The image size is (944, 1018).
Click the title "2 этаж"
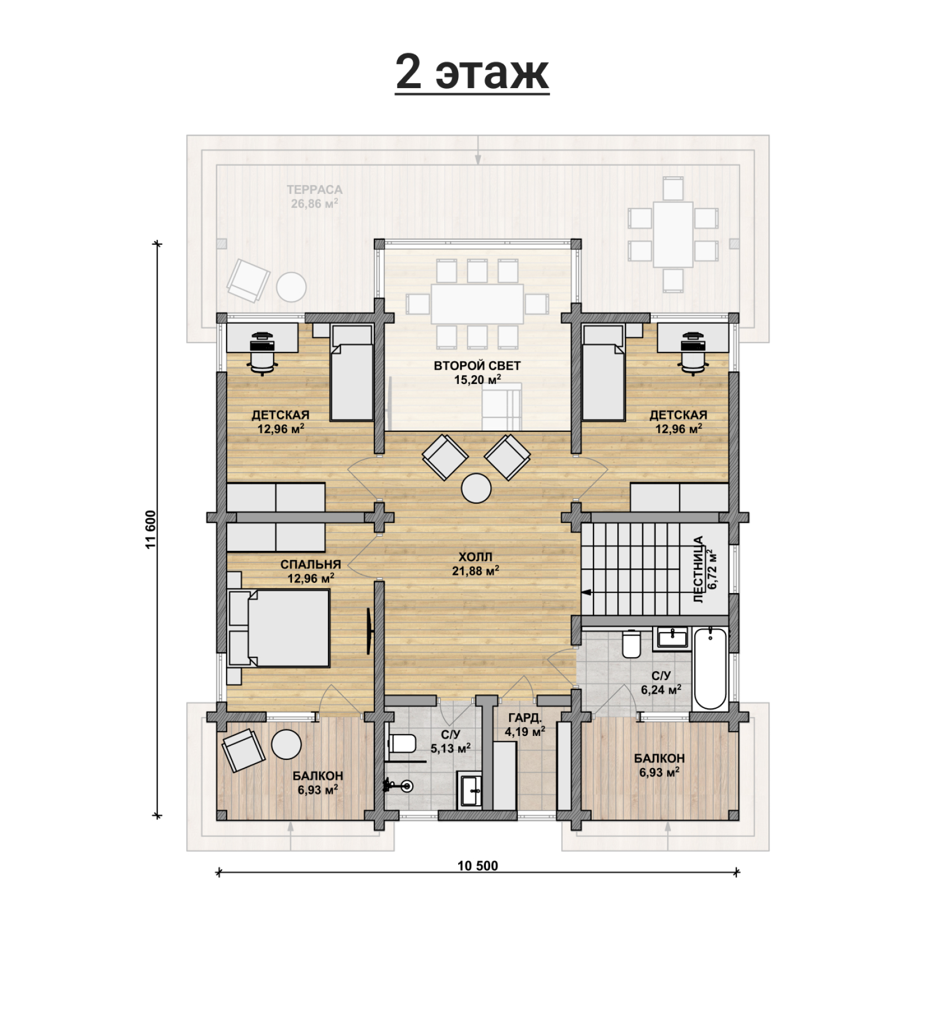(x=472, y=72)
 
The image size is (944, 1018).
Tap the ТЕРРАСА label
(x=315, y=190)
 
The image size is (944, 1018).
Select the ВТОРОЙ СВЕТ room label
(x=477, y=366)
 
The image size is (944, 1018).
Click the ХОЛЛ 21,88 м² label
(x=475, y=564)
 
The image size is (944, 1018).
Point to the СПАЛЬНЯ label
(x=310, y=565)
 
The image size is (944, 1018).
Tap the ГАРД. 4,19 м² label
(x=525, y=725)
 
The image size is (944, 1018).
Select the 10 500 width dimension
(x=478, y=865)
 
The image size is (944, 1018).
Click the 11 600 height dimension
(x=151, y=529)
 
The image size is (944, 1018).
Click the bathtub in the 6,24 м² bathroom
(x=710, y=668)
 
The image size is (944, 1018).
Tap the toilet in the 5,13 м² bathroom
(x=402, y=742)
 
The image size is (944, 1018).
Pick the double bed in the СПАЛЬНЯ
(x=279, y=628)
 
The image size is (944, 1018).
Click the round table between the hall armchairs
(x=476, y=488)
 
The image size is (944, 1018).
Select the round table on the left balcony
(x=286, y=744)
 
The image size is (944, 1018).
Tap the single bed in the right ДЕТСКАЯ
(x=604, y=373)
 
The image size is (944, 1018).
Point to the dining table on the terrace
(x=673, y=234)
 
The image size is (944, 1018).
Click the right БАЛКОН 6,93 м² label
(x=659, y=765)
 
